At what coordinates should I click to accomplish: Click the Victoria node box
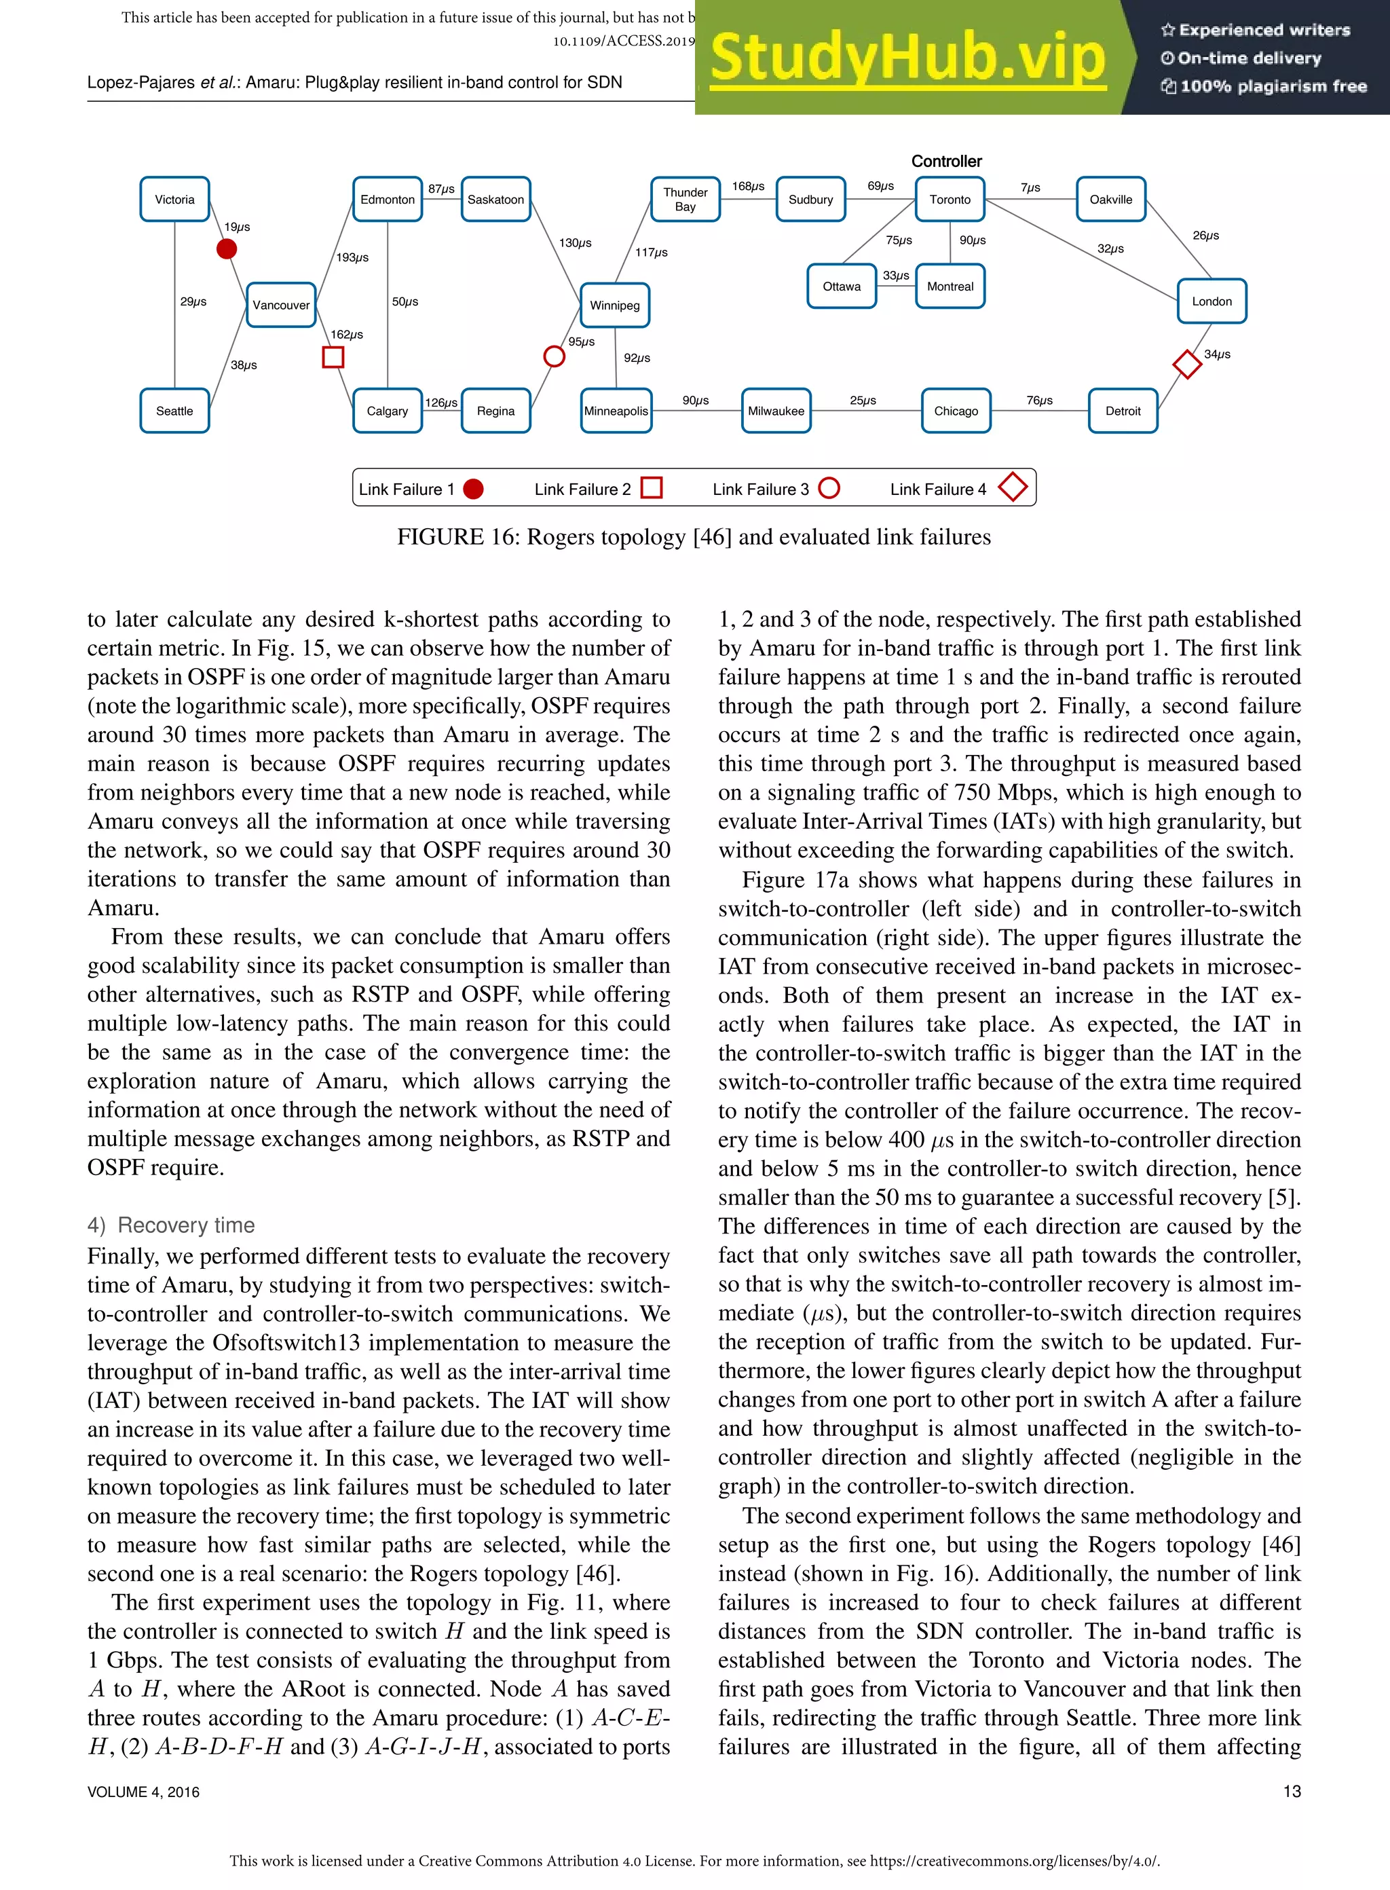coord(174,200)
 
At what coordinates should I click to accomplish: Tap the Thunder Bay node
coord(685,200)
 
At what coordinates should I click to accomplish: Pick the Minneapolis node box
coord(616,411)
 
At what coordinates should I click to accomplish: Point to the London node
coord(1211,301)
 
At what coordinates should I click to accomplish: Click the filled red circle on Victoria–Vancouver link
coord(226,249)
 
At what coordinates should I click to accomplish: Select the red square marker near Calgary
coord(333,358)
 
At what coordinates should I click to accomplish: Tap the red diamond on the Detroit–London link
coord(1186,365)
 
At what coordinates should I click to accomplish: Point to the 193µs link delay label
coord(352,257)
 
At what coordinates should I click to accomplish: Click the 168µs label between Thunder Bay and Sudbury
coord(747,186)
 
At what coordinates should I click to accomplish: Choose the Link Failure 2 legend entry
coord(597,489)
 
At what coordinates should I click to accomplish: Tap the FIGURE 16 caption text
coord(694,537)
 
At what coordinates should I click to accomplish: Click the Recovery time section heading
coord(172,1225)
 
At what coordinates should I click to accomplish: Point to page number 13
coord(1291,1792)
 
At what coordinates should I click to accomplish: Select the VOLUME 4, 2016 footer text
coord(143,1792)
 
